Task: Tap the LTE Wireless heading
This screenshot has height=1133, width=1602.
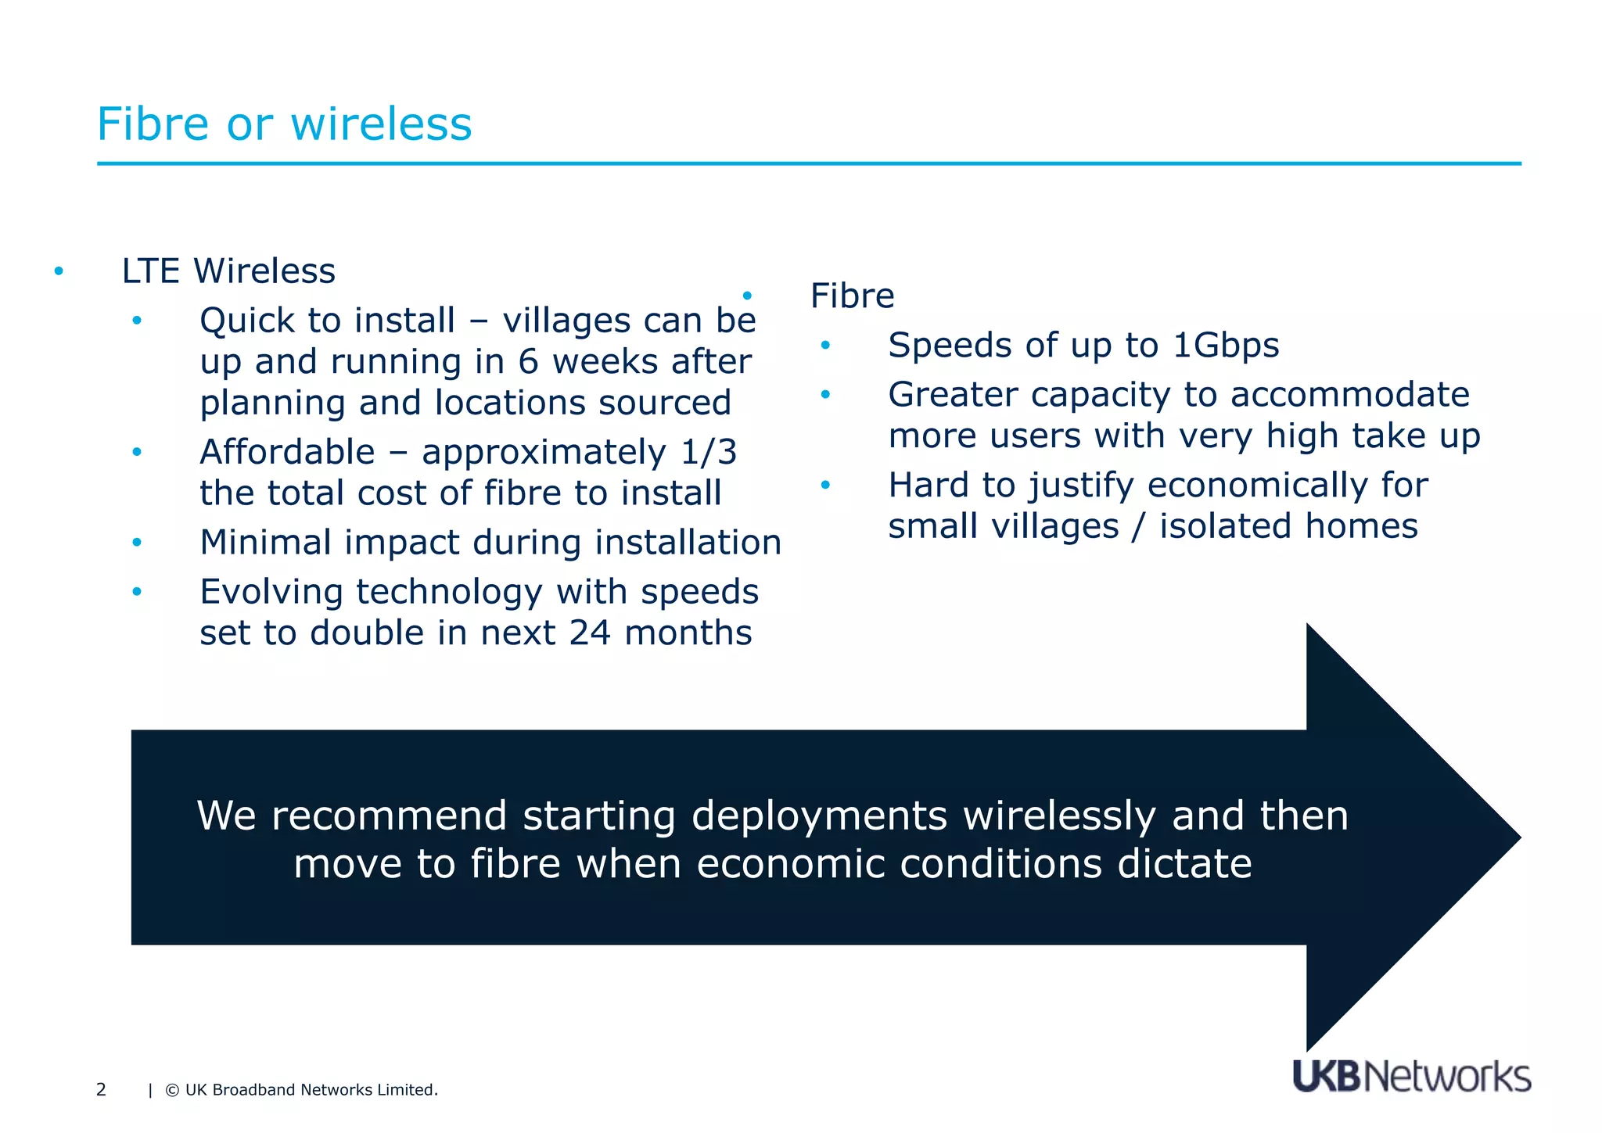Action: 228,271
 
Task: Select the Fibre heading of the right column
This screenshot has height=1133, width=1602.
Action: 852,296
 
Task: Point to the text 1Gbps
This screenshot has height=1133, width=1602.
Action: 1226,346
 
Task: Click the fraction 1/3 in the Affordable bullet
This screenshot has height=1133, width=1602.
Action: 709,452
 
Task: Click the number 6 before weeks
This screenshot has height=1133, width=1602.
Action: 528,362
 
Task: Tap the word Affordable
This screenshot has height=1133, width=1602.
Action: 287,452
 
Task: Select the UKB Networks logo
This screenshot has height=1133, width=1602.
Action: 1411,1077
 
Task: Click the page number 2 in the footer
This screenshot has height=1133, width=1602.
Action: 101,1090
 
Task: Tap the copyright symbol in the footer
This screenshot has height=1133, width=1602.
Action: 172,1091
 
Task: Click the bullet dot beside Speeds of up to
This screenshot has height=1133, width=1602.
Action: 824,346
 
